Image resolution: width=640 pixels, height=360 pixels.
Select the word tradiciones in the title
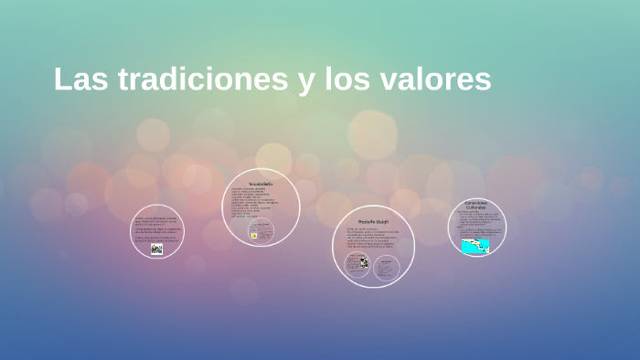tap(199, 79)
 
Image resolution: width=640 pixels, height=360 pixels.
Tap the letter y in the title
tap(305, 81)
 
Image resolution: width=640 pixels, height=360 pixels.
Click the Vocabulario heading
tap(261, 184)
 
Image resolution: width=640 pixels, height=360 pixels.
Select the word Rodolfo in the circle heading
tap(364, 221)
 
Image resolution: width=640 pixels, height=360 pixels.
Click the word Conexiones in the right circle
tap(475, 202)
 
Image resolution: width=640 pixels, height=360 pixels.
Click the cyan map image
tap(475, 246)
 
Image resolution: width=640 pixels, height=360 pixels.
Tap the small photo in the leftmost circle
tap(156, 249)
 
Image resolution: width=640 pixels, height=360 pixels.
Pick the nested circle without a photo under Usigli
tap(387, 268)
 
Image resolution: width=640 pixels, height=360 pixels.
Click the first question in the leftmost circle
tap(156, 221)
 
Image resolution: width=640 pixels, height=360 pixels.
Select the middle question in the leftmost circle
tap(156, 230)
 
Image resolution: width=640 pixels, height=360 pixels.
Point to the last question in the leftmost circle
tap(156, 239)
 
